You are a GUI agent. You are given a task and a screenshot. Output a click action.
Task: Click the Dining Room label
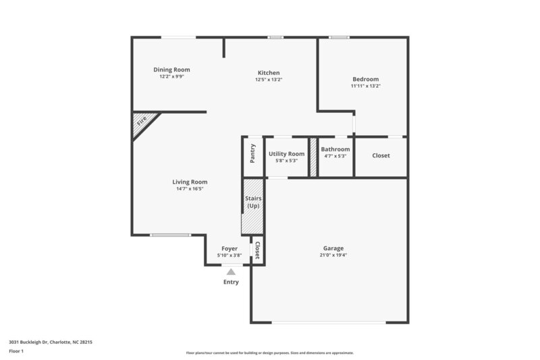click(171, 70)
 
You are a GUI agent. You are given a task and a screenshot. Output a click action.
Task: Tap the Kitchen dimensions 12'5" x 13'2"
click(268, 80)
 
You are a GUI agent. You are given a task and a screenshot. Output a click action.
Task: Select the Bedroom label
click(365, 79)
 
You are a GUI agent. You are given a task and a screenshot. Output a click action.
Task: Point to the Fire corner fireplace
click(142, 122)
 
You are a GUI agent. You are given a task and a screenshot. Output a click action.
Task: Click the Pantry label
click(252, 153)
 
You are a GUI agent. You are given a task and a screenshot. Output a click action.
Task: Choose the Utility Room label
click(286, 154)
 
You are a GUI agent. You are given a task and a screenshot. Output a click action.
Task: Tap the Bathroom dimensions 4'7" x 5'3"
click(335, 156)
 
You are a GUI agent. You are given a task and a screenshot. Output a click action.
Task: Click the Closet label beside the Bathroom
click(381, 156)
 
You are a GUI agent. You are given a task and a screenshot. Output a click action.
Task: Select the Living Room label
click(190, 182)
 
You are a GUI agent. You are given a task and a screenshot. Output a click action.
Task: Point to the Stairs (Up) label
click(254, 201)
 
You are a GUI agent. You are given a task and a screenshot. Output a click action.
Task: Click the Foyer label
click(230, 249)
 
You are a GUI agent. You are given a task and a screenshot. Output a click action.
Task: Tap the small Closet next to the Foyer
click(257, 251)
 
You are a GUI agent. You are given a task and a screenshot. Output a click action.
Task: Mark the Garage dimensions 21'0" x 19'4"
click(333, 255)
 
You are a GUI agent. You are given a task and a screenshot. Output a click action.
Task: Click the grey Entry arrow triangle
click(231, 272)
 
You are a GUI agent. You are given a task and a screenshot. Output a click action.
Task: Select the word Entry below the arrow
click(231, 282)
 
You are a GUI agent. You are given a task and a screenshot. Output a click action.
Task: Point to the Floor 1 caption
click(17, 351)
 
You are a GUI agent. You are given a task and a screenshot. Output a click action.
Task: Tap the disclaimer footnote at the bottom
click(269, 353)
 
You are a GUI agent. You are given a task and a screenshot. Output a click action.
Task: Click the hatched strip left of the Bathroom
click(313, 157)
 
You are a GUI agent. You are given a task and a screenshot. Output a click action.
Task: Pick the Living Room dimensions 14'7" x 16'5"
click(190, 188)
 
